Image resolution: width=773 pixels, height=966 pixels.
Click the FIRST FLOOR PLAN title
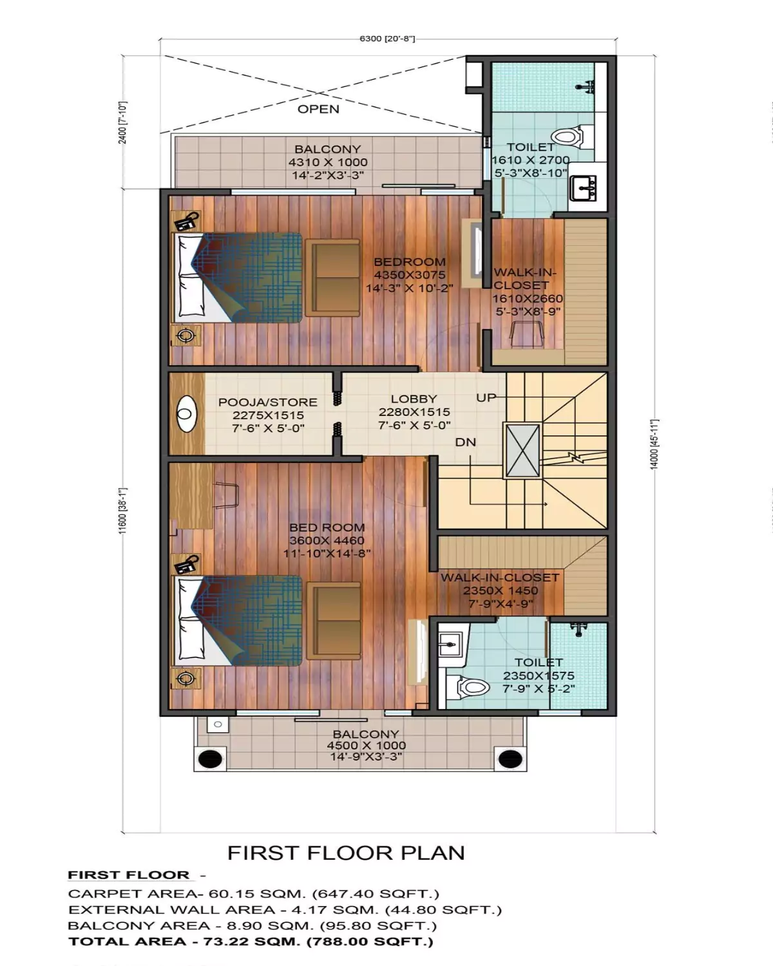[x=346, y=853]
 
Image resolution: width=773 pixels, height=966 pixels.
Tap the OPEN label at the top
[x=318, y=109]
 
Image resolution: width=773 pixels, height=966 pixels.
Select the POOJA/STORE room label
[x=267, y=402]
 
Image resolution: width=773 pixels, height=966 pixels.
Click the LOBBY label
[x=414, y=399]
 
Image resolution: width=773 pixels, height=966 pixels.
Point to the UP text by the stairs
[x=486, y=397]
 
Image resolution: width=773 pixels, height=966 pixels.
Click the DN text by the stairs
[x=465, y=442]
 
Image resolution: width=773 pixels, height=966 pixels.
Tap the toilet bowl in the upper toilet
[x=567, y=137]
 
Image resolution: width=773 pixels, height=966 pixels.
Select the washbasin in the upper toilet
[x=584, y=189]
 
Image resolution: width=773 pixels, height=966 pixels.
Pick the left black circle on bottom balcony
[x=210, y=759]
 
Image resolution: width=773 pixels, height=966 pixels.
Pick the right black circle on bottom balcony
[x=510, y=759]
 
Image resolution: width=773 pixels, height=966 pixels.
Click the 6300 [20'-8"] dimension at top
[x=387, y=39]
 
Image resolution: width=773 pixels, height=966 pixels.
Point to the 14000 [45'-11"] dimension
[x=654, y=444]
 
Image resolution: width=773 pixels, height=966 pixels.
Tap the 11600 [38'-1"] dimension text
[x=122, y=512]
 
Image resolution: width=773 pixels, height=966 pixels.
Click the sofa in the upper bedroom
[x=333, y=278]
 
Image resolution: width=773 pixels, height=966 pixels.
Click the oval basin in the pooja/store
[x=186, y=414]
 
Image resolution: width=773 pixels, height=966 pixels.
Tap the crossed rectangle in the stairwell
[x=521, y=451]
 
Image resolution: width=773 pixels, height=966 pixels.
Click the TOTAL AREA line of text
[x=251, y=942]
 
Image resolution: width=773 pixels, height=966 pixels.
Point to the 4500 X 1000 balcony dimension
[x=366, y=745]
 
